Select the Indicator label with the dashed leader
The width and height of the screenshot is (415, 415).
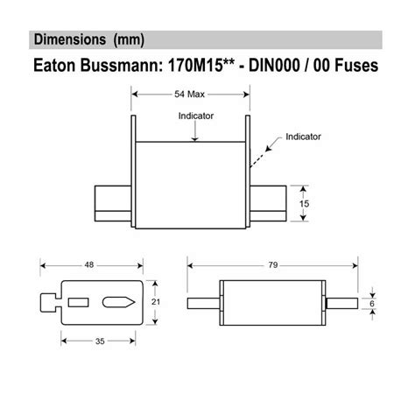[303, 137]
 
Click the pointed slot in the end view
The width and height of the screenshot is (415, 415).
[116, 302]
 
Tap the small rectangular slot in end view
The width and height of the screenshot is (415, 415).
[78, 302]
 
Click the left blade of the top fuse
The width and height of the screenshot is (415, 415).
[112, 201]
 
